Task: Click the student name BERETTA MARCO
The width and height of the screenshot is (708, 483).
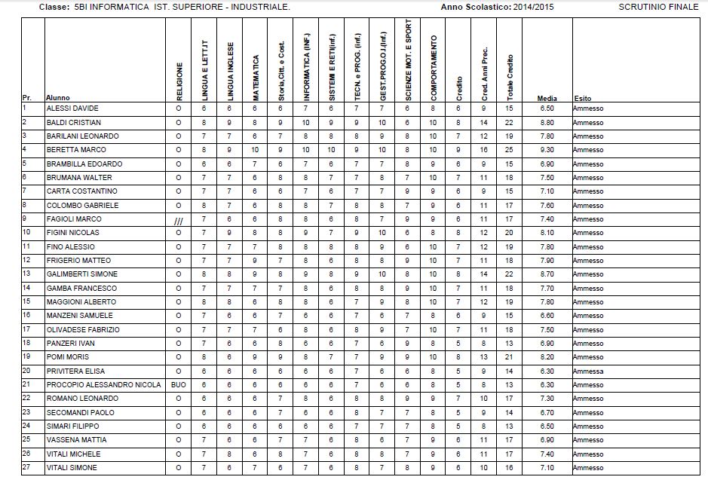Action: [x=76, y=150]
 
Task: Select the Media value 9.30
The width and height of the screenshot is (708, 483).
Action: [x=547, y=150]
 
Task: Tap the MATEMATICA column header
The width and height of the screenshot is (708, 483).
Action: [x=256, y=78]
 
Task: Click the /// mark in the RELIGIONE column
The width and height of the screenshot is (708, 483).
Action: [x=179, y=219]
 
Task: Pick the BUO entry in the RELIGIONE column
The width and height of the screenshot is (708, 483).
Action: [x=179, y=385]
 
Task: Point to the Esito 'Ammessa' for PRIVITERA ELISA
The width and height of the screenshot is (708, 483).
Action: [x=588, y=371]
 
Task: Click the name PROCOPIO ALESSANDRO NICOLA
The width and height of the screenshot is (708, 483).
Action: [x=103, y=385]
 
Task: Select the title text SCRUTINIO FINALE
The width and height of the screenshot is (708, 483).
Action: [x=658, y=7]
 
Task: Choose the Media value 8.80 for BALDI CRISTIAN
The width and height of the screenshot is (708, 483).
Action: [x=547, y=122]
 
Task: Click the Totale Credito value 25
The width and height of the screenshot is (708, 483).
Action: [x=510, y=150]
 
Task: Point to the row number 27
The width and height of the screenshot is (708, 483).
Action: [x=26, y=467]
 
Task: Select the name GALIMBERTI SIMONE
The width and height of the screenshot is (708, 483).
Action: [x=82, y=274]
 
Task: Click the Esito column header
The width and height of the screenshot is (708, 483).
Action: [x=583, y=98]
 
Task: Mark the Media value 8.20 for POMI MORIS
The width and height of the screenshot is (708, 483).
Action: [x=547, y=357]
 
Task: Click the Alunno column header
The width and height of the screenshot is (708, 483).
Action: [x=58, y=98]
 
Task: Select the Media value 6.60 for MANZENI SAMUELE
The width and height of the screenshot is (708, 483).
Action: [x=547, y=316]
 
